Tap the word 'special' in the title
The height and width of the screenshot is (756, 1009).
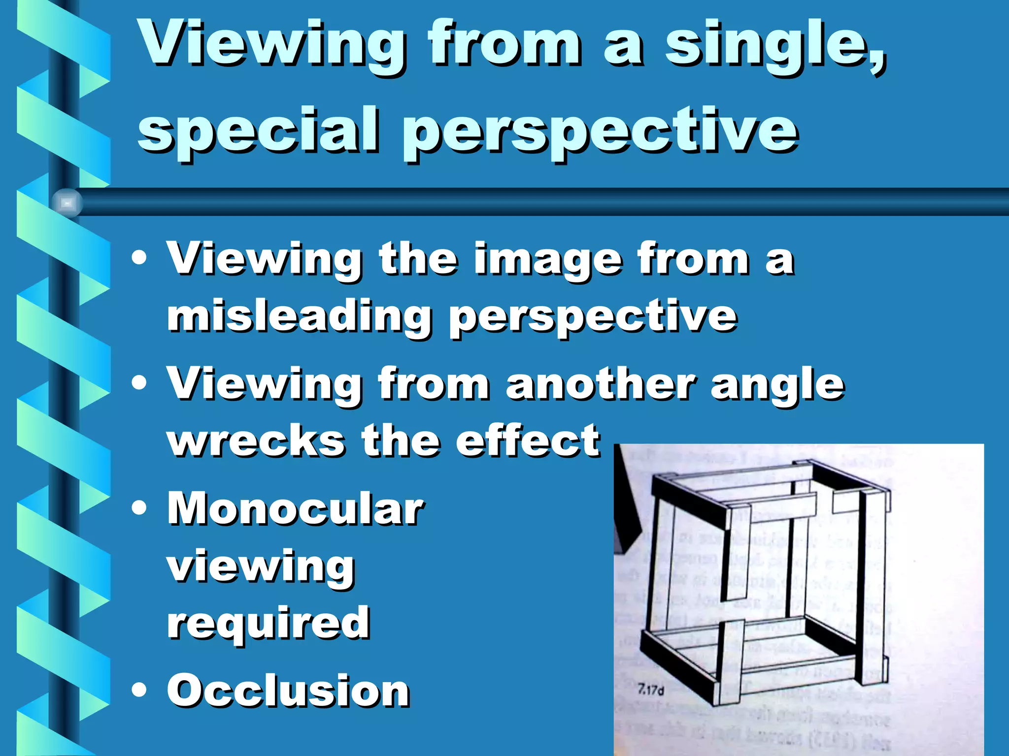[258, 130]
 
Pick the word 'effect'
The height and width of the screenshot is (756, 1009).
[527, 441]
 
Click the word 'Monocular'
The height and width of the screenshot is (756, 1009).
[295, 509]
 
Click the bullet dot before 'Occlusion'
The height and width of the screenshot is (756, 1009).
[139, 690]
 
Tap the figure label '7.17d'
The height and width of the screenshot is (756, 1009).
[650, 690]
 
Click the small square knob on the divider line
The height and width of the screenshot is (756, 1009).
[67, 203]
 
